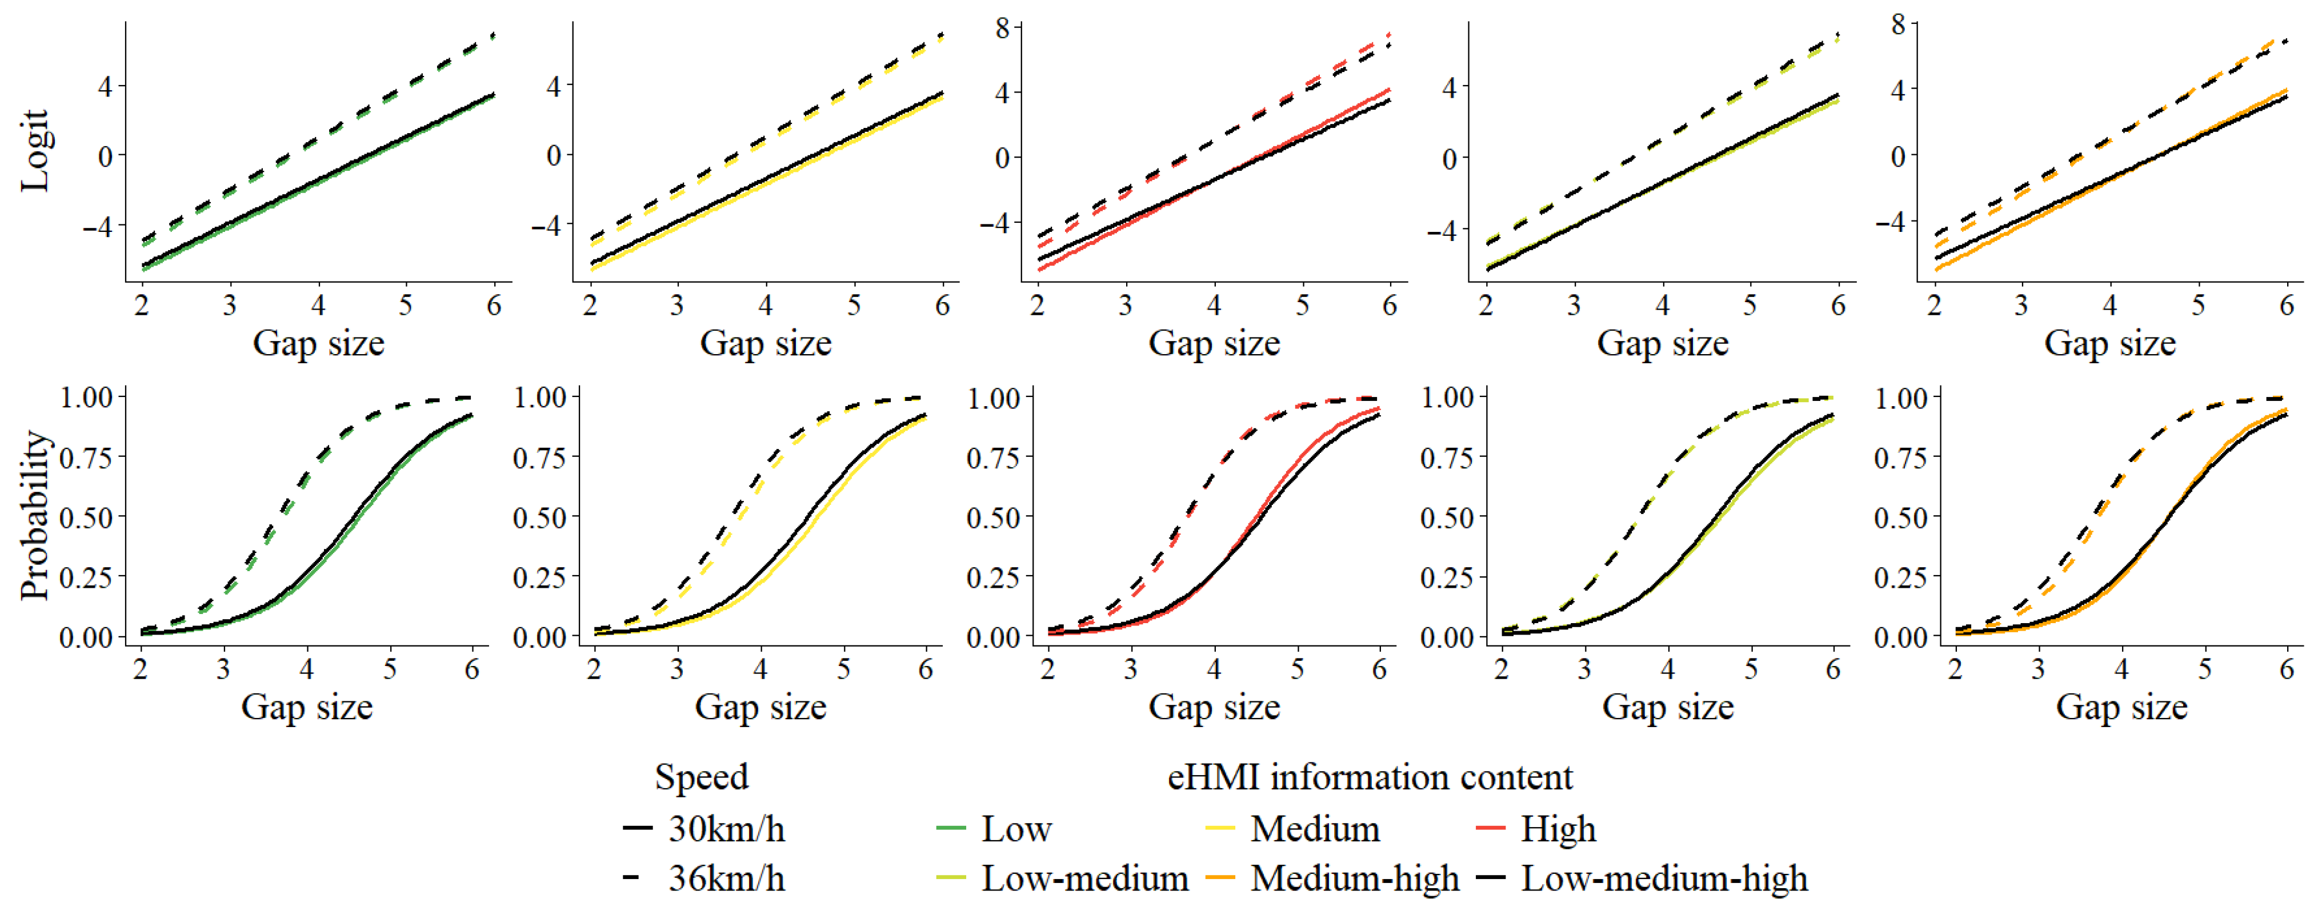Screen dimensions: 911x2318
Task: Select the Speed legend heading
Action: coord(701,777)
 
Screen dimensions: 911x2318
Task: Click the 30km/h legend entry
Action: coord(725,828)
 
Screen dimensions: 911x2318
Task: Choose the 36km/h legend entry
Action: coord(725,878)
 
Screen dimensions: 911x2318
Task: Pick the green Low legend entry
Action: coord(1015,828)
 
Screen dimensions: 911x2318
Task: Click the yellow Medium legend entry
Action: coord(1314,828)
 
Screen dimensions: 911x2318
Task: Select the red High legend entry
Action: coord(1558,828)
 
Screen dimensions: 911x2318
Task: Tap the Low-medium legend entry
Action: coord(1083,878)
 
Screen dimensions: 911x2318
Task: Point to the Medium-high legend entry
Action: coord(1354,878)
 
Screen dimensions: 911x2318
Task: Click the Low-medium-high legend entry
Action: coord(1663,878)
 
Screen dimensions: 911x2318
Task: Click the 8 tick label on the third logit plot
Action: coord(1002,28)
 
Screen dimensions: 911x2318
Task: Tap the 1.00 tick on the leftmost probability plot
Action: coord(86,396)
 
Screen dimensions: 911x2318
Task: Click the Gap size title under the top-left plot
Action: coord(319,343)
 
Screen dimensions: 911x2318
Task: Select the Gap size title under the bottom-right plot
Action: coord(2121,707)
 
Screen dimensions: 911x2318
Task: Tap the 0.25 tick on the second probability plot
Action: coord(539,576)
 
